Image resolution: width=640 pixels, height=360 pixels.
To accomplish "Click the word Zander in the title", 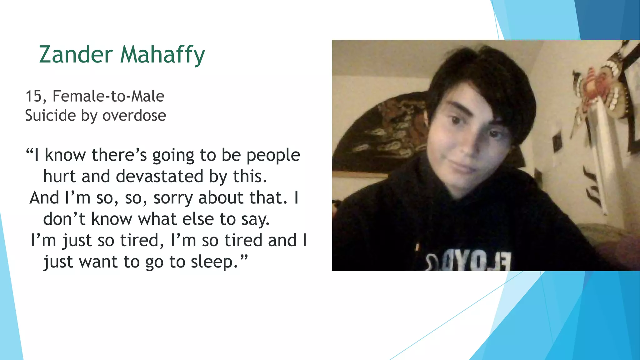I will tap(76, 54).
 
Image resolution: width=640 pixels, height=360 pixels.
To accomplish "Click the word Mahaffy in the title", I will tap(162, 55).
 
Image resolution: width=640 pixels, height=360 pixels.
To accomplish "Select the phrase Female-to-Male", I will tap(108, 96).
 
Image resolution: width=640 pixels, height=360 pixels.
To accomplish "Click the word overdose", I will tap(134, 116).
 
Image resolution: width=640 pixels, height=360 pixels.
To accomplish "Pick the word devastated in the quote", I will tap(159, 176).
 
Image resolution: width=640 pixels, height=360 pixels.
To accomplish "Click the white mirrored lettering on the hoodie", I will tap(469, 261).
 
